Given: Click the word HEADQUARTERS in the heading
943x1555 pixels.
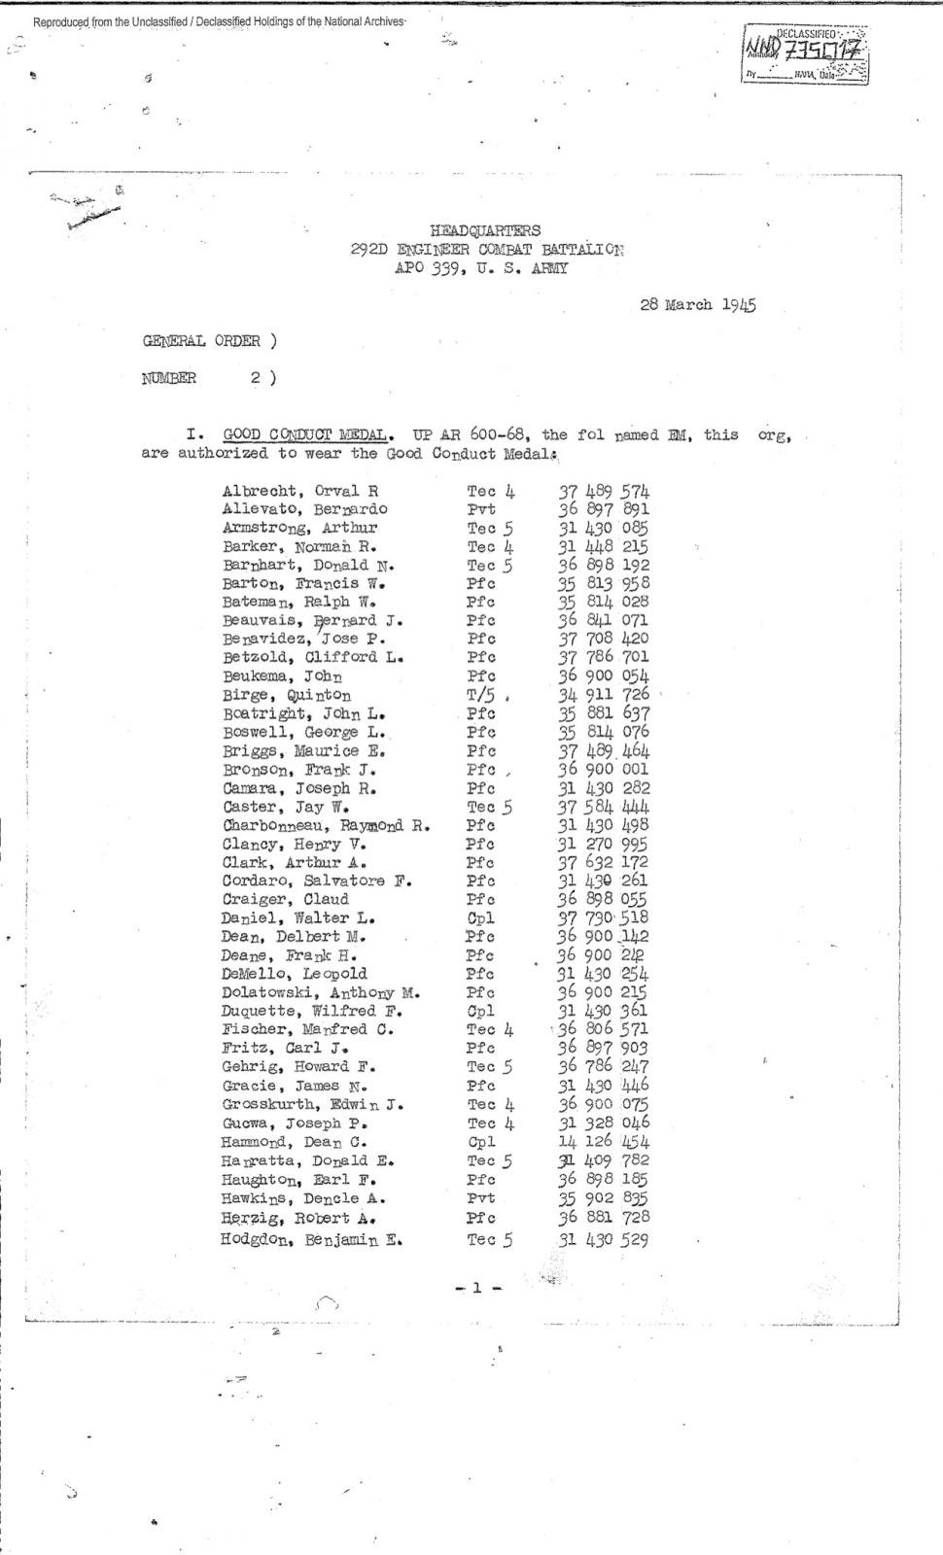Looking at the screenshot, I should (x=485, y=230).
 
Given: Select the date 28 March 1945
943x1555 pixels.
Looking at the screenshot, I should (x=698, y=304).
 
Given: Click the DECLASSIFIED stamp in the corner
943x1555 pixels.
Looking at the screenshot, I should (x=806, y=55).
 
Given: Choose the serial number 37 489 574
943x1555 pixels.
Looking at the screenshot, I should (x=604, y=491).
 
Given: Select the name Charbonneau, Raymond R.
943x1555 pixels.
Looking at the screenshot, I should (x=327, y=826).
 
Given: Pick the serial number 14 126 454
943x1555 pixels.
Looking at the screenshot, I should (x=603, y=1142).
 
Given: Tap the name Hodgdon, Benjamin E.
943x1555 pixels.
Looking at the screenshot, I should (x=311, y=1239).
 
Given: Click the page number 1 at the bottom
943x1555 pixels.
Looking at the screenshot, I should (x=477, y=1288).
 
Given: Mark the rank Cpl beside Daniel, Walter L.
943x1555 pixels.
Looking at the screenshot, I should (x=480, y=917).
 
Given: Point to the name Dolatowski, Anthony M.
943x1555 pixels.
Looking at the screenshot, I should (x=321, y=992).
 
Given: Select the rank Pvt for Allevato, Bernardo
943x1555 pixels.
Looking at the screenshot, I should (x=481, y=509).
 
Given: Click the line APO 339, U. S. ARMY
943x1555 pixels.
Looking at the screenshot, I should (x=481, y=267).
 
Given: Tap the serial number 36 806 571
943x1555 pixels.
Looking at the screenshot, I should (x=603, y=1029).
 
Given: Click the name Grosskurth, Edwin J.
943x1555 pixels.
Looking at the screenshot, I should (x=313, y=1104).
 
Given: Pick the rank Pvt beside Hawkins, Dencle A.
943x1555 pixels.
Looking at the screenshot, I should (x=481, y=1198).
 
